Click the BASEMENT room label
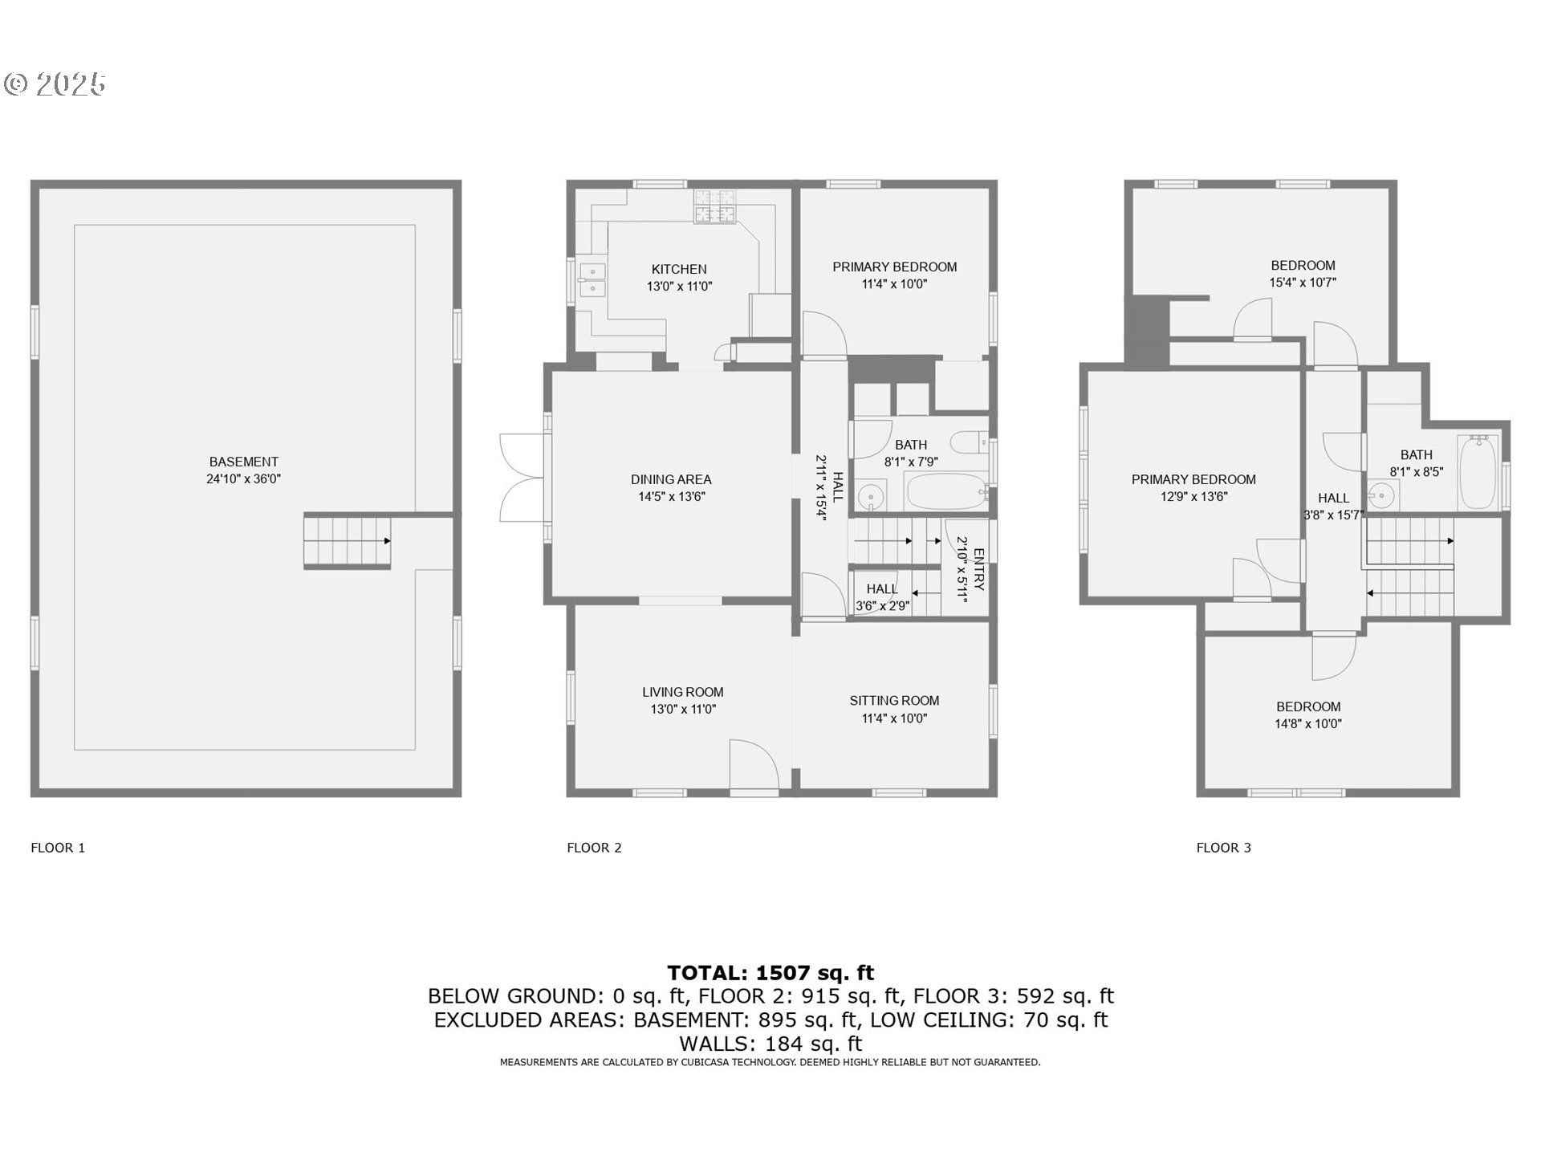pos(243,462)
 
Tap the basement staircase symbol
pos(347,542)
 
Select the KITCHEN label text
pos(679,269)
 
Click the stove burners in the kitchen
pos(714,205)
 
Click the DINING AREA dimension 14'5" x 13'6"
pos(671,497)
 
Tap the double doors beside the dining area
pos(522,478)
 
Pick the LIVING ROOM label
pos(682,692)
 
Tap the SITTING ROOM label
pos(894,701)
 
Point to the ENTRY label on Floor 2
pos(978,569)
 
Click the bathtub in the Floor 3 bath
pos(1477,472)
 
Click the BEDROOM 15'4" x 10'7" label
pos(1303,266)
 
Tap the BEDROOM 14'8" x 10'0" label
pos(1308,706)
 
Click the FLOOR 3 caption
pos(1223,848)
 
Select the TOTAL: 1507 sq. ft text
pos(770,973)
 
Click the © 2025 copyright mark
pos(55,83)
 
